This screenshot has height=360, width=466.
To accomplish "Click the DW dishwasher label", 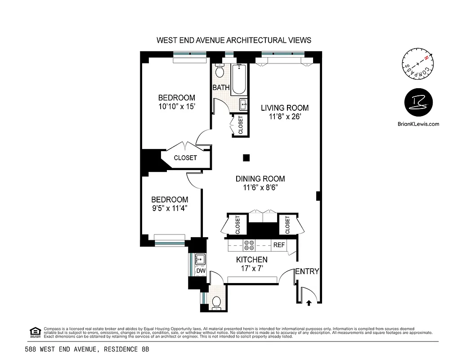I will [201, 271].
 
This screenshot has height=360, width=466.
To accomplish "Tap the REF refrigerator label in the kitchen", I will [279, 245].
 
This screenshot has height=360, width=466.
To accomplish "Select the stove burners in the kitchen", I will [249, 245].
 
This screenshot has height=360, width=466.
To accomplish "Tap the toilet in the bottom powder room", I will [216, 302].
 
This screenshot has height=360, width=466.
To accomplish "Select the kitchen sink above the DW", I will [200, 259].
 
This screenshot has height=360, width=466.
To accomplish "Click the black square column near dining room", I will [246, 157].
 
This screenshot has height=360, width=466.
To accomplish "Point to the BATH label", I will [221, 88].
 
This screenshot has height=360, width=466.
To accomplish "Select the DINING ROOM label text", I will [260, 179].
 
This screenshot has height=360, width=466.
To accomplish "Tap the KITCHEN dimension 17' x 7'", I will [252, 269].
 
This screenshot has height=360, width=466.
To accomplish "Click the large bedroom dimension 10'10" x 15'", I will [176, 107].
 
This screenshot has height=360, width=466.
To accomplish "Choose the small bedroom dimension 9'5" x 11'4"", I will [169, 208].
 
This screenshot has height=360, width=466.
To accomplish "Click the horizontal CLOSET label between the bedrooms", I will [185, 158].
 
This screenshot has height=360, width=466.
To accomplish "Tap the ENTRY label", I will [307, 271].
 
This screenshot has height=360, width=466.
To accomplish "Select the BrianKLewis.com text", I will [418, 124].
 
